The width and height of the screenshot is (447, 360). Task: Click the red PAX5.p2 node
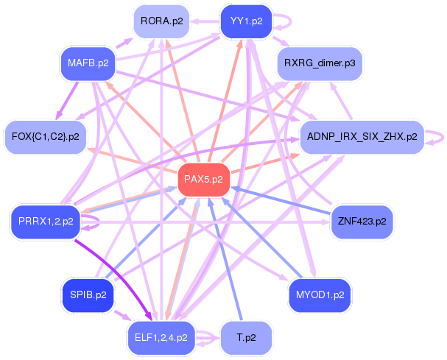[x=203, y=180]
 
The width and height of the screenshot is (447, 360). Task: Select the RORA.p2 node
[x=161, y=21]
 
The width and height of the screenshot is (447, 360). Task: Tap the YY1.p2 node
[x=246, y=21]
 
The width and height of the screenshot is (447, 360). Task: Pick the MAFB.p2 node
[x=88, y=63]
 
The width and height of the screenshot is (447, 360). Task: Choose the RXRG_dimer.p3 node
[x=320, y=63]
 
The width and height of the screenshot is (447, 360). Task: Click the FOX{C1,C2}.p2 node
[x=46, y=137]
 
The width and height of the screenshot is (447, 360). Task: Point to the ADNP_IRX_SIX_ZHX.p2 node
[x=362, y=137]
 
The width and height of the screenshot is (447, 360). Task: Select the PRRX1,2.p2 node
[x=46, y=222]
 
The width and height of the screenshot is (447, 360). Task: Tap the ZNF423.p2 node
[x=362, y=222]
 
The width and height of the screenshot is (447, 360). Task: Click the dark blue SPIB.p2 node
[x=88, y=295]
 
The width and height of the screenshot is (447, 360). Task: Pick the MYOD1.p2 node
[x=320, y=295]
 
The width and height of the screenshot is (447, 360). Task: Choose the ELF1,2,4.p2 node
[x=161, y=338]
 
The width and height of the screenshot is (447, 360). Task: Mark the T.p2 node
[x=246, y=338]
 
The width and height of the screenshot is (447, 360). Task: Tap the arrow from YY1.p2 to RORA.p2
[x=205, y=21]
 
